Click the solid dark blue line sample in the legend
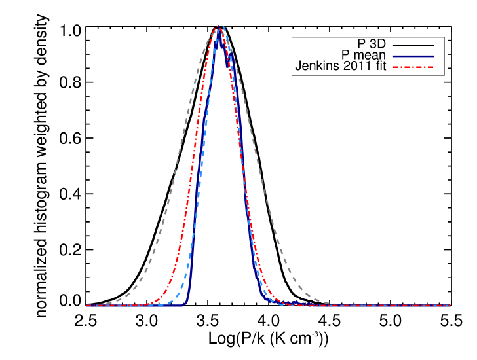coord(413,56)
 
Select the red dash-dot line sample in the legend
coord(413,67)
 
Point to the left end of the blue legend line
coord(394,56)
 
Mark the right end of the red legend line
coord(433,67)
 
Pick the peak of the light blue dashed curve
coord(223,27)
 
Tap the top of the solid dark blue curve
coord(219,29)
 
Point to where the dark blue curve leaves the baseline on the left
coord(186,302)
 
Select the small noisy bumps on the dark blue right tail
coord(292,302)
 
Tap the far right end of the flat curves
coord(449,306)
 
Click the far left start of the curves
coord(86,306)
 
